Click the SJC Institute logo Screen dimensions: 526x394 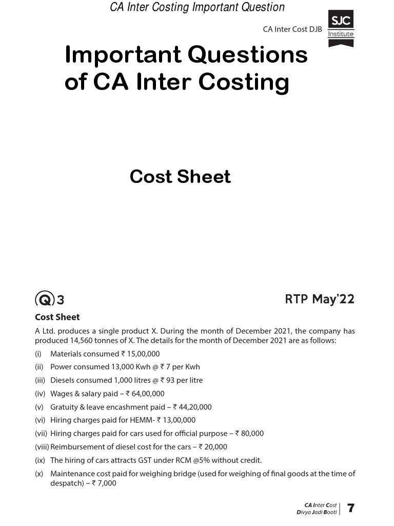click(x=341, y=28)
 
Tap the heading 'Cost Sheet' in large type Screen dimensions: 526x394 click(x=180, y=176)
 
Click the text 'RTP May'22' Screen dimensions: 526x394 click(x=320, y=299)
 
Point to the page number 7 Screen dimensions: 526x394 click(x=351, y=509)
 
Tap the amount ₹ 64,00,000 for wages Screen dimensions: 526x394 click(x=145, y=393)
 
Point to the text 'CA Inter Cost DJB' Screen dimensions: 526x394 click(x=292, y=29)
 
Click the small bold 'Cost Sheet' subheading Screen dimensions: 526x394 click(x=57, y=317)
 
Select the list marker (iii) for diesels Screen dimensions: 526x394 click(x=42, y=380)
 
